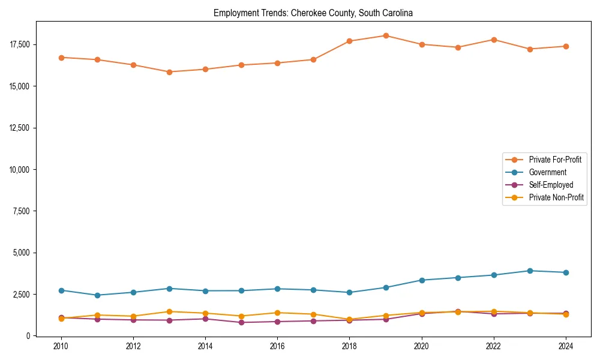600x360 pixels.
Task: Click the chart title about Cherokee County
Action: [x=313, y=13]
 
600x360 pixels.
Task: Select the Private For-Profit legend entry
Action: [x=555, y=160]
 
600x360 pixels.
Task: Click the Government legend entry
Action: [x=547, y=172]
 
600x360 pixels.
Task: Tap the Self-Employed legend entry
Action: [x=551, y=185]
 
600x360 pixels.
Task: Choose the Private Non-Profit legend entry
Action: [x=556, y=197]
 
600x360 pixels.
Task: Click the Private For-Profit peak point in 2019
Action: [x=386, y=35]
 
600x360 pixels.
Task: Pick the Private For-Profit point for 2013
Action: [x=169, y=72]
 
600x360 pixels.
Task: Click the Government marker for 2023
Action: [x=530, y=271]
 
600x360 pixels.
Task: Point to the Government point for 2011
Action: [x=97, y=295]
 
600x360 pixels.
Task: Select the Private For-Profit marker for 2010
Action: [x=61, y=58]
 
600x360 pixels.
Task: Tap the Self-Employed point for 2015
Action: [x=241, y=322]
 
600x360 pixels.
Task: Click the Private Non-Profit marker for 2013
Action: [x=169, y=311]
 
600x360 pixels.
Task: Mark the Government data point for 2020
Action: [x=422, y=280]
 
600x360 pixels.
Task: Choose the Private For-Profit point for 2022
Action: [x=494, y=40]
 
